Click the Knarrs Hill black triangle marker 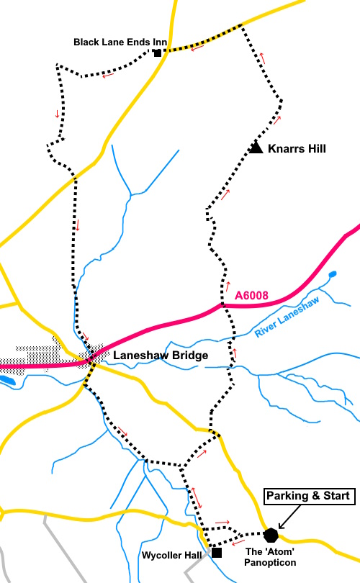(x=256, y=147)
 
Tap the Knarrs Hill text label (x=297, y=149)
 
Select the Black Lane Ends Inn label (x=120, y=42)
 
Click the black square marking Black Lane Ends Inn (x=157, y=52)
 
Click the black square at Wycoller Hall (x=216, y=553)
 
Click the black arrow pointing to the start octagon (x=290, y=518)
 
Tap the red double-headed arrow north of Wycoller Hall (x=195, y=497)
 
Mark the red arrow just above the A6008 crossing (x=228, y=285)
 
